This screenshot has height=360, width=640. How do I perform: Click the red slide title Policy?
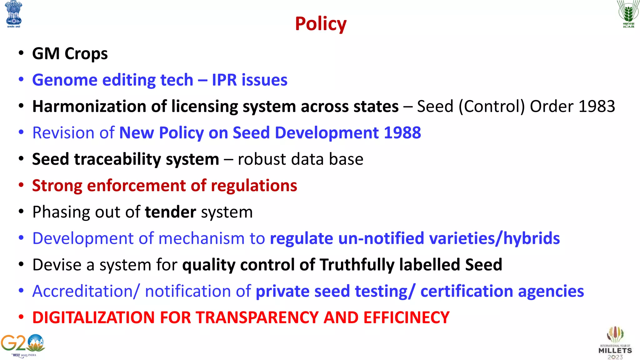point(321,24)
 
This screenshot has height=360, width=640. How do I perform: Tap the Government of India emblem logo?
point(14,14)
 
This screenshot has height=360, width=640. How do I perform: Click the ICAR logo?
point(628,14)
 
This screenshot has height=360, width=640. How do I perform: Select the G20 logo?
point(22,346)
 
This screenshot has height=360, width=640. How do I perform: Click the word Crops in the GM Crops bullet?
point(86,54)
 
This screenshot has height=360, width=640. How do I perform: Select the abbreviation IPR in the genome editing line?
point(224,80)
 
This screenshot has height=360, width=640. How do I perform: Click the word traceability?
point(117,159)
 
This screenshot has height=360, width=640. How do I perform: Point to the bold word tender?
point(170,212)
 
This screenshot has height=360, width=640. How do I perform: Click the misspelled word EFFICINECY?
point(406,317)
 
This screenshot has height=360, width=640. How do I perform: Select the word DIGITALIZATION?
point(93,317)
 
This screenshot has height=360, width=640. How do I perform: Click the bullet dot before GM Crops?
point(21,53)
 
